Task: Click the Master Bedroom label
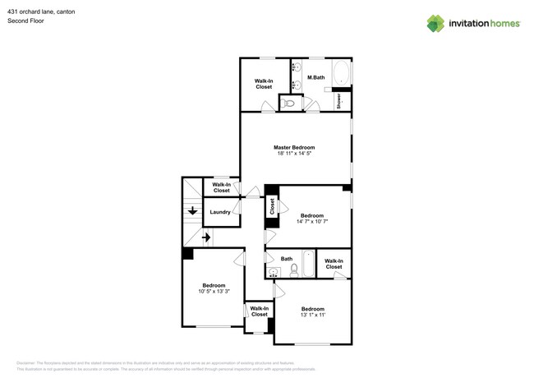click(293, 148)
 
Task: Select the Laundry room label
click(220, 212)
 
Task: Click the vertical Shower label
click(338, 100)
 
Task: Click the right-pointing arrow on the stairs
click(206, 237)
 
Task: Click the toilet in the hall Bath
click(293, 270)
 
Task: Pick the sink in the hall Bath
click(273, 272)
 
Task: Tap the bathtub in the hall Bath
click(307, 265)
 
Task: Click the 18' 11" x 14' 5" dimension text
click(293, 154)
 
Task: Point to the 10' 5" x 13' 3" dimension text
click(214, 291)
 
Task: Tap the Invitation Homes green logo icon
click(435, 23)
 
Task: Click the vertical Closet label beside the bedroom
click(272, 206)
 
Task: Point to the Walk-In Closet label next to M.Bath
click(264, 83)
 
